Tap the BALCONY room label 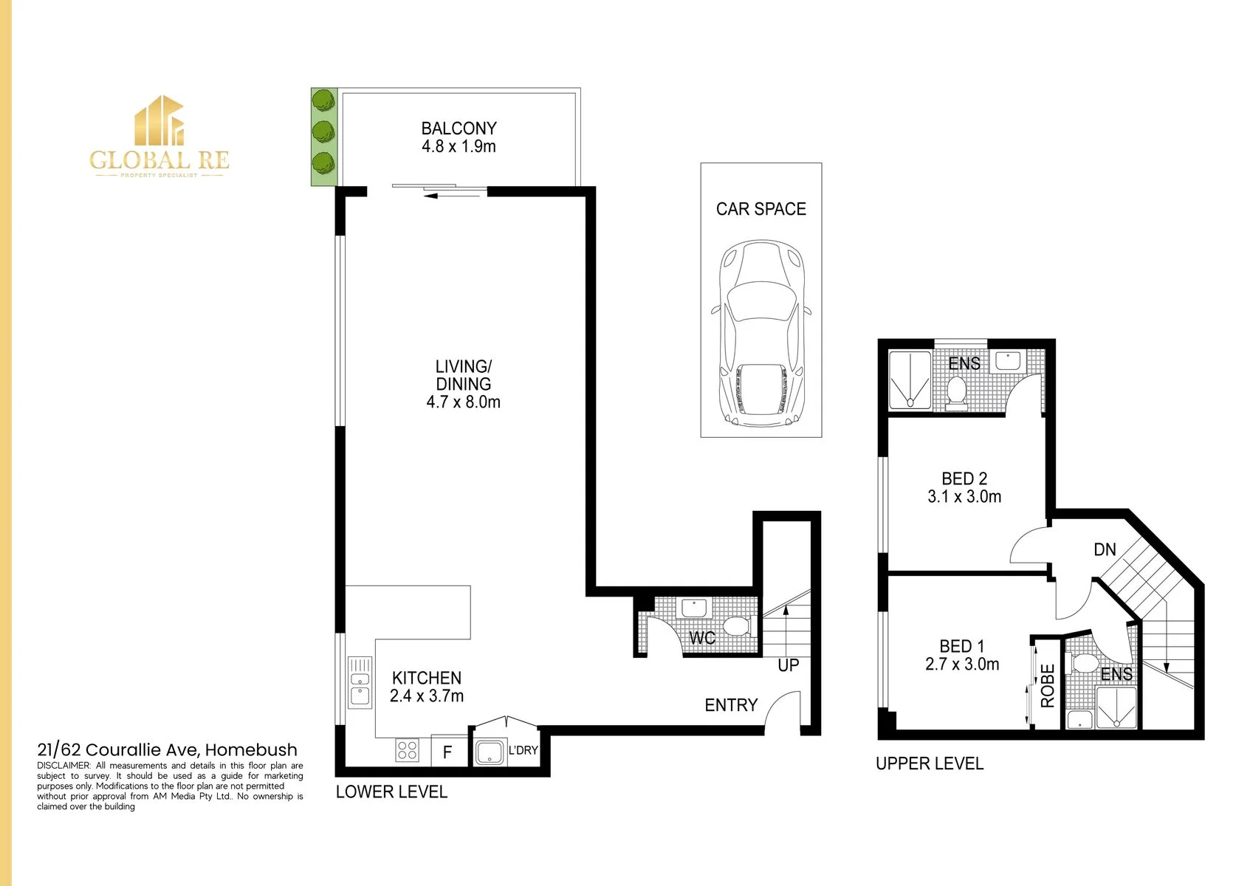[459, 128]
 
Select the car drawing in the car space [761, 334]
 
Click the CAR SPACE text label [761, 209]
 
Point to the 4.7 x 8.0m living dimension [463, 402]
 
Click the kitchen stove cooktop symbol [408, 750]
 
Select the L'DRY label [523, 750]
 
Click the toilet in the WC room [740, 626]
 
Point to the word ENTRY [731, 705]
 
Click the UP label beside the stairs [788, 665]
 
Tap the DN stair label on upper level [1105, 550]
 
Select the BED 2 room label [964, 478]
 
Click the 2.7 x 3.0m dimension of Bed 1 [962, 664]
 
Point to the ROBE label [1047, 686]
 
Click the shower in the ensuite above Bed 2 [910, 380]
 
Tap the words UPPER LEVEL [930, 763]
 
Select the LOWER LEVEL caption [391, 792]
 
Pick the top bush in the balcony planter [323, 100]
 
